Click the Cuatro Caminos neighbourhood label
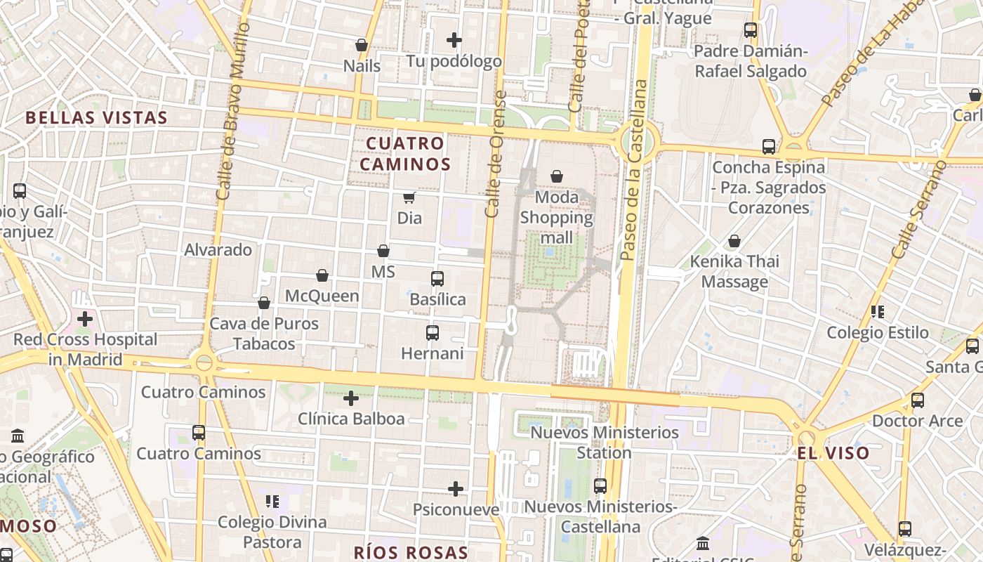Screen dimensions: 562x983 [408, 154]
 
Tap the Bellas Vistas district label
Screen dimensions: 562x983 [97, 117]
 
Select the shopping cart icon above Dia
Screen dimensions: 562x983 [409, 198]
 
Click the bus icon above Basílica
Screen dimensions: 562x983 [437, 279]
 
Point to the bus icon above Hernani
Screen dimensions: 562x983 [433, 333]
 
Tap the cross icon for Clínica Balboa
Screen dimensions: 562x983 [351, 399]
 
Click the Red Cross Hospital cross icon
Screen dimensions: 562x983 [85, 319]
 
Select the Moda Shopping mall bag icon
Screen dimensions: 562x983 [557, 176]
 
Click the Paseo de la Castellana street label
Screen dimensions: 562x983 [634, 171]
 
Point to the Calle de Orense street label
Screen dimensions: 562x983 [495, 154]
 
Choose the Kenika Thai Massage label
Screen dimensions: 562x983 [734, 271]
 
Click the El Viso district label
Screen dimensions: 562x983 [833, 453]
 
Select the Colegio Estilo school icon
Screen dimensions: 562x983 [878, 311]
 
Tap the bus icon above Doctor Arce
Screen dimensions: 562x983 [918, 400]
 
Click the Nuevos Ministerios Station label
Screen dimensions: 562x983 [605, 442]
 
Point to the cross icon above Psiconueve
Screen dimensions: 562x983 [456, 489]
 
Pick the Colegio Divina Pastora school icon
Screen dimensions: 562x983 [272, 502]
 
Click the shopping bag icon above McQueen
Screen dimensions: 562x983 [322, 275]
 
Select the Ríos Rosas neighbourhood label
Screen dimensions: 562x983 [411, 552]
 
